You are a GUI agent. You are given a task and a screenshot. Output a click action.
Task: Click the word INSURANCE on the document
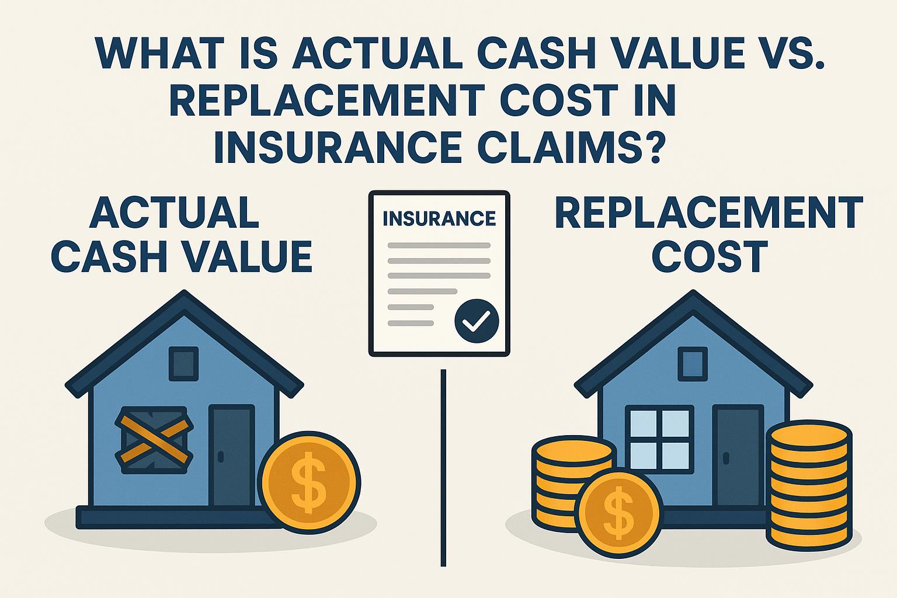click(439, 218)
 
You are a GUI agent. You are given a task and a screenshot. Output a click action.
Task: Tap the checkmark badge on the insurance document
click(477, 321)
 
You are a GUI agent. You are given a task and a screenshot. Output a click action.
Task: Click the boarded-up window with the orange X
click(155, 440)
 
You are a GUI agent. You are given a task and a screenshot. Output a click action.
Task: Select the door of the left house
click(232, 456)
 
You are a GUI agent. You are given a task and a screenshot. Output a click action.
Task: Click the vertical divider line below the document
click(443, 467)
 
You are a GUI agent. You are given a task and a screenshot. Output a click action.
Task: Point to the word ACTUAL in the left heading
click(173, 213)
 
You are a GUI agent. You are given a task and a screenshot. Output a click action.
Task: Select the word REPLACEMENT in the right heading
click(709, 213)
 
